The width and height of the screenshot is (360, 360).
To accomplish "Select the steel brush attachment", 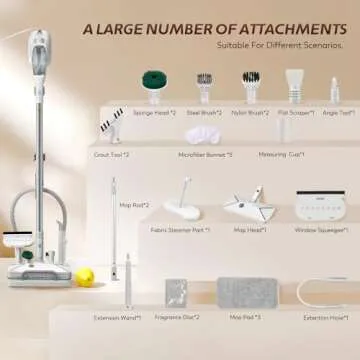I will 206,80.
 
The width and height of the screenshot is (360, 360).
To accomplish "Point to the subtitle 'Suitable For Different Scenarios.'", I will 282,45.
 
